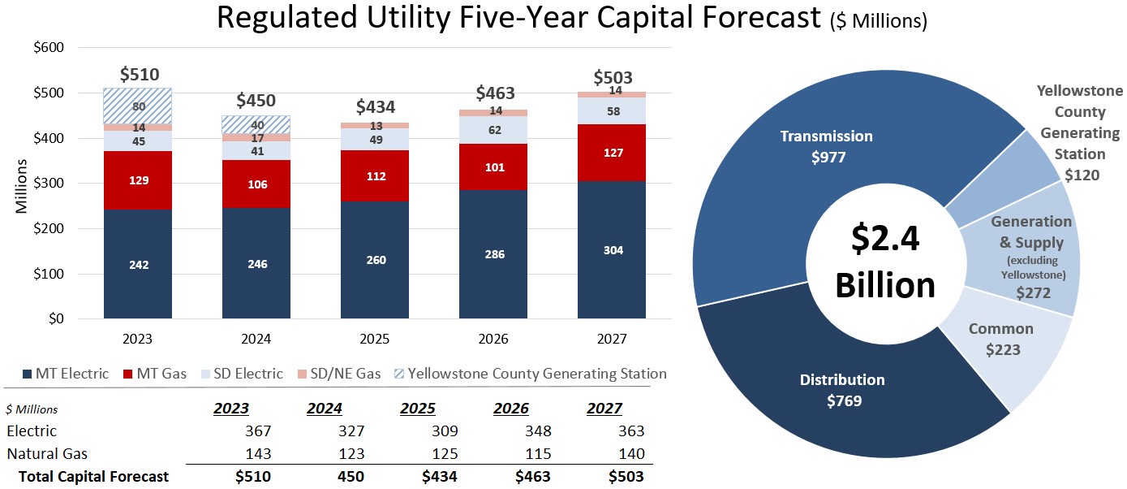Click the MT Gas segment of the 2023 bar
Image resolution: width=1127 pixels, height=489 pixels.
tap(137, 180)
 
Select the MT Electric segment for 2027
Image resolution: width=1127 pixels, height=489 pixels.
tap(613, 250)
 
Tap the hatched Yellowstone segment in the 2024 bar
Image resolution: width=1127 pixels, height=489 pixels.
tap(256, 124)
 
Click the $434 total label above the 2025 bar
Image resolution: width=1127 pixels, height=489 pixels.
tap(376, 107)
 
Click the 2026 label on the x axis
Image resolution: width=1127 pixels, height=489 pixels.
tap(493, 339)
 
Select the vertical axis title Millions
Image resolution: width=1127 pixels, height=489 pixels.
tap(22, 186)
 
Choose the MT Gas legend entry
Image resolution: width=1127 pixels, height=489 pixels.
tap(156, 374)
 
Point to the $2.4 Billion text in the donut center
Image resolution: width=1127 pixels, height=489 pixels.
tap(886, 262)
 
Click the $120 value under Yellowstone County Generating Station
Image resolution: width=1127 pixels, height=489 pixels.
tap(1082, 175)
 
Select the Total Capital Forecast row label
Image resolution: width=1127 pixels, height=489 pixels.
tap(95, 477)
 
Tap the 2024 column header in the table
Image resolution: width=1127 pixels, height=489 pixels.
tap(324, 409)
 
